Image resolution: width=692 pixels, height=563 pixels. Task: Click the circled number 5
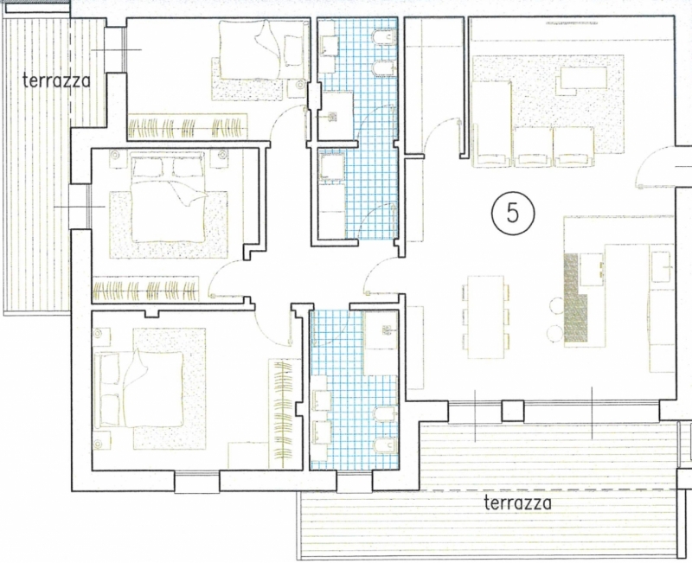[513, 213]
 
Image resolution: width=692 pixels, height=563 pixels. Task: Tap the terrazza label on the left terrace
[56, 80]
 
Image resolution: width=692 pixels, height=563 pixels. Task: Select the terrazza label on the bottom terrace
[517, 503]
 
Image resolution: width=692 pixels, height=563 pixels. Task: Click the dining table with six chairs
[486, 317]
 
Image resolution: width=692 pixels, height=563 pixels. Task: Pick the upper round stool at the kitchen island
[556, 305]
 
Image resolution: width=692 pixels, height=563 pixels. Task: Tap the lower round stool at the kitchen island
[555, 332]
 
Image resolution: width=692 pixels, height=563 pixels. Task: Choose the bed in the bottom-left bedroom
[140, 389]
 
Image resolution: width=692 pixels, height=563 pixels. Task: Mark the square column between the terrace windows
[513, 411]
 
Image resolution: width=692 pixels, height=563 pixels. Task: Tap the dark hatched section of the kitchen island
[574, 299]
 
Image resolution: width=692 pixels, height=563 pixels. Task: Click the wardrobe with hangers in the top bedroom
[187, 127]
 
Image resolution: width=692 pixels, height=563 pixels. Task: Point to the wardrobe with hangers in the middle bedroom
[145, 289]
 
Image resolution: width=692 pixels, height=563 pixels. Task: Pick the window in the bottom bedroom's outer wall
[197, 482]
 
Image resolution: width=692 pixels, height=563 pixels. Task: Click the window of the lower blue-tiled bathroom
[355, 482]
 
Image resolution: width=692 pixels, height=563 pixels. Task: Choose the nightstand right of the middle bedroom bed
[220, 158]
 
